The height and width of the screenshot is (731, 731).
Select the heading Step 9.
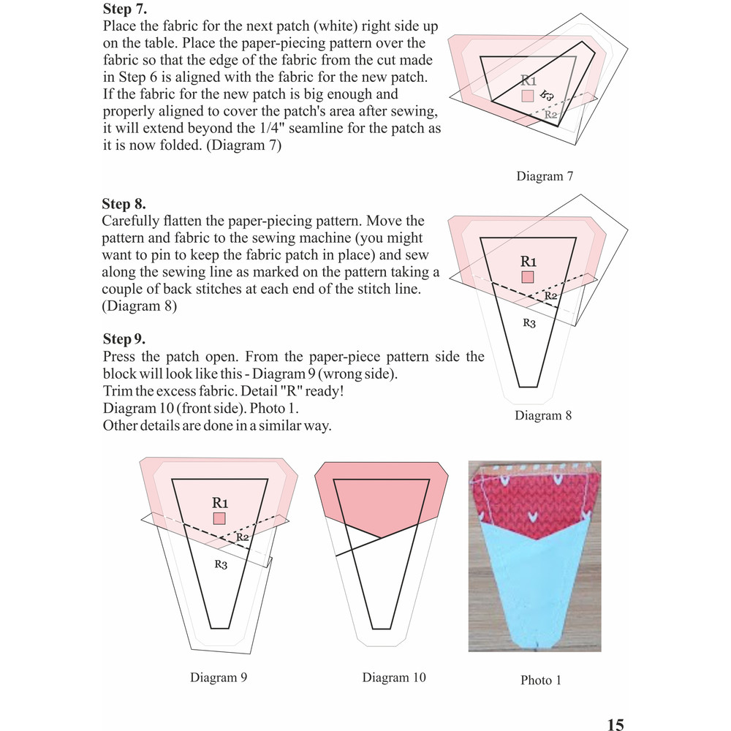[x=124, y=339]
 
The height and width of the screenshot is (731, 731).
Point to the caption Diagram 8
[x=542, y=415]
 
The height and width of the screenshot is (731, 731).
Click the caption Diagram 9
[x=218, y=677]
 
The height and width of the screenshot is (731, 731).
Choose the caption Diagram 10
[x=393, y=678]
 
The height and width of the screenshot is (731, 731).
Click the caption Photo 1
[x=540, y=680]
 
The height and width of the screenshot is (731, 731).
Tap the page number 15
[x=615, y=724]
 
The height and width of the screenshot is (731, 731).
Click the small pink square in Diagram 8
[x=528, y=277]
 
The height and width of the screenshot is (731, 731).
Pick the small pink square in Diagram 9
[x=219, y=518]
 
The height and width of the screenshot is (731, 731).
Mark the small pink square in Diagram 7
[x=528, y=96]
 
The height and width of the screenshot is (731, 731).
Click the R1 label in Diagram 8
[x=529, y=261]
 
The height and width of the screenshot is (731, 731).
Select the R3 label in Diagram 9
[x=222, y=564]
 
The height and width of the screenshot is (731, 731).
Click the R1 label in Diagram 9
[x=220, y=502]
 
